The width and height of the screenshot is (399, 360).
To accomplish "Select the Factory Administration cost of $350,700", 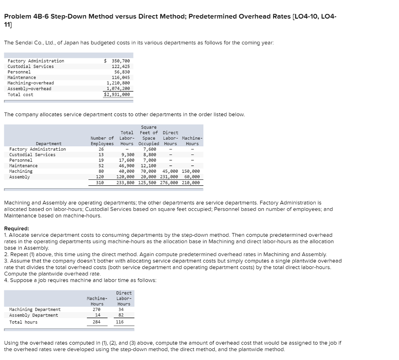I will pyautogui.click(x=118, y=61).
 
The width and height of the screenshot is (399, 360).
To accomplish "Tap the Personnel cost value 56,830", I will pyautogui.click(x=122, y=72).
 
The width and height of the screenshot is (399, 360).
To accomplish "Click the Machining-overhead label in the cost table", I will pyautogui.click(x=31, y=83).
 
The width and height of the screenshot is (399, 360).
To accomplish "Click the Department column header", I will pyautogui.click(x=49, y=144).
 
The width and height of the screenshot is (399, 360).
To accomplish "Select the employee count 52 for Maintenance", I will pyautogui.click(x=101, y=166).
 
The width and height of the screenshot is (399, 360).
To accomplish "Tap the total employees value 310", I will pyautogui.click(x=101, y=183).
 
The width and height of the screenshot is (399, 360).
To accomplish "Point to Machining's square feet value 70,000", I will pyautogui.click(x=148, y=171).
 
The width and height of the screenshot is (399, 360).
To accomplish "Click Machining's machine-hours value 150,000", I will pyautogui.click(x=191, y=171).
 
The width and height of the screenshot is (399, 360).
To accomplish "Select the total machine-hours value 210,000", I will pyautogui.click(x=191, y=183).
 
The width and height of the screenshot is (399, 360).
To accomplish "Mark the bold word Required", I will pyautogui.click(x=16, y=228).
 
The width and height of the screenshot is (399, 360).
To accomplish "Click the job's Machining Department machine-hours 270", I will pyautogui.click(x=97, y=310).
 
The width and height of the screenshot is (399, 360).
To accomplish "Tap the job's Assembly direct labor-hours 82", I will pyautogui.click(x=124, y=315).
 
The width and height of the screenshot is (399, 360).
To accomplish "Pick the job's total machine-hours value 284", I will pyautogui.click(x=97, y=322).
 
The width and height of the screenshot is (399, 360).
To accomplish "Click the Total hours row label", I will pyautogui.click(x=23, y=322).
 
